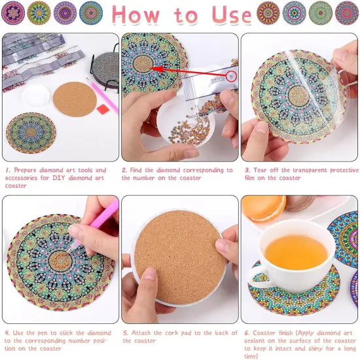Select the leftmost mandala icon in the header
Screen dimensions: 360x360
click(13, 12)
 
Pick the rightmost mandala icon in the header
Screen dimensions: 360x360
click(347, 12)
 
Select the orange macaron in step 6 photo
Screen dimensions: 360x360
click(263, 208)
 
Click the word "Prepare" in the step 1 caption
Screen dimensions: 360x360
click(29, 170)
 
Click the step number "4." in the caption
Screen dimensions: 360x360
click(7, 333)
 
